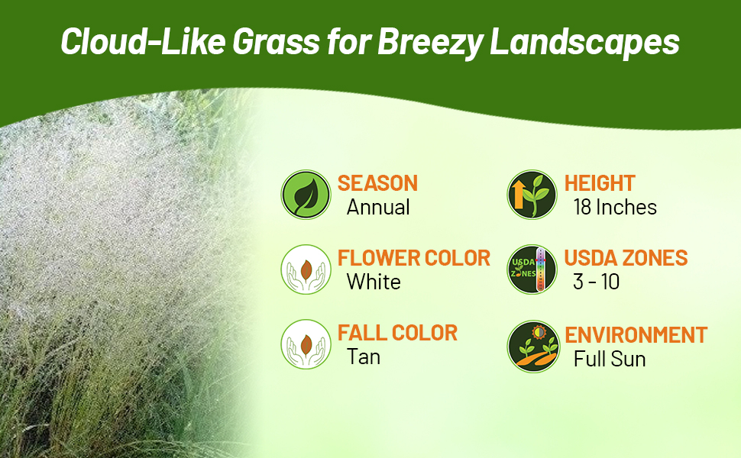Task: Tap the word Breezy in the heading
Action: pos(428,42)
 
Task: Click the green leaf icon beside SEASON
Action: pos(305,195)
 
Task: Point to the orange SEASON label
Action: pos(377,183)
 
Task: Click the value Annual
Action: pos(378,208)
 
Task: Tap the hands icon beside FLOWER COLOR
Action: pos(305,269)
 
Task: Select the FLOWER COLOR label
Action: pos(413,258)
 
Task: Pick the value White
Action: pos(374,282)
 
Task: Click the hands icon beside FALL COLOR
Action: pos(305,344)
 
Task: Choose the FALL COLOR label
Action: pos(397,333)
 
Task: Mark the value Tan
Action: pos(364,357)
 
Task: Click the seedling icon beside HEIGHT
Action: pos(532,195)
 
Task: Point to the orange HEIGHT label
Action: pos(600,183)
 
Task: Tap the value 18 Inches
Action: pos(615,208)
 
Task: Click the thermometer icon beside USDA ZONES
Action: pos(532,269)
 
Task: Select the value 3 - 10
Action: pos(596,282)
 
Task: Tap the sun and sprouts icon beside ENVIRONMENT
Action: pos(532,346)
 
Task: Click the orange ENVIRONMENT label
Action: pos(636,335)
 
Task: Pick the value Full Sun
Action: pos(610,359)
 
